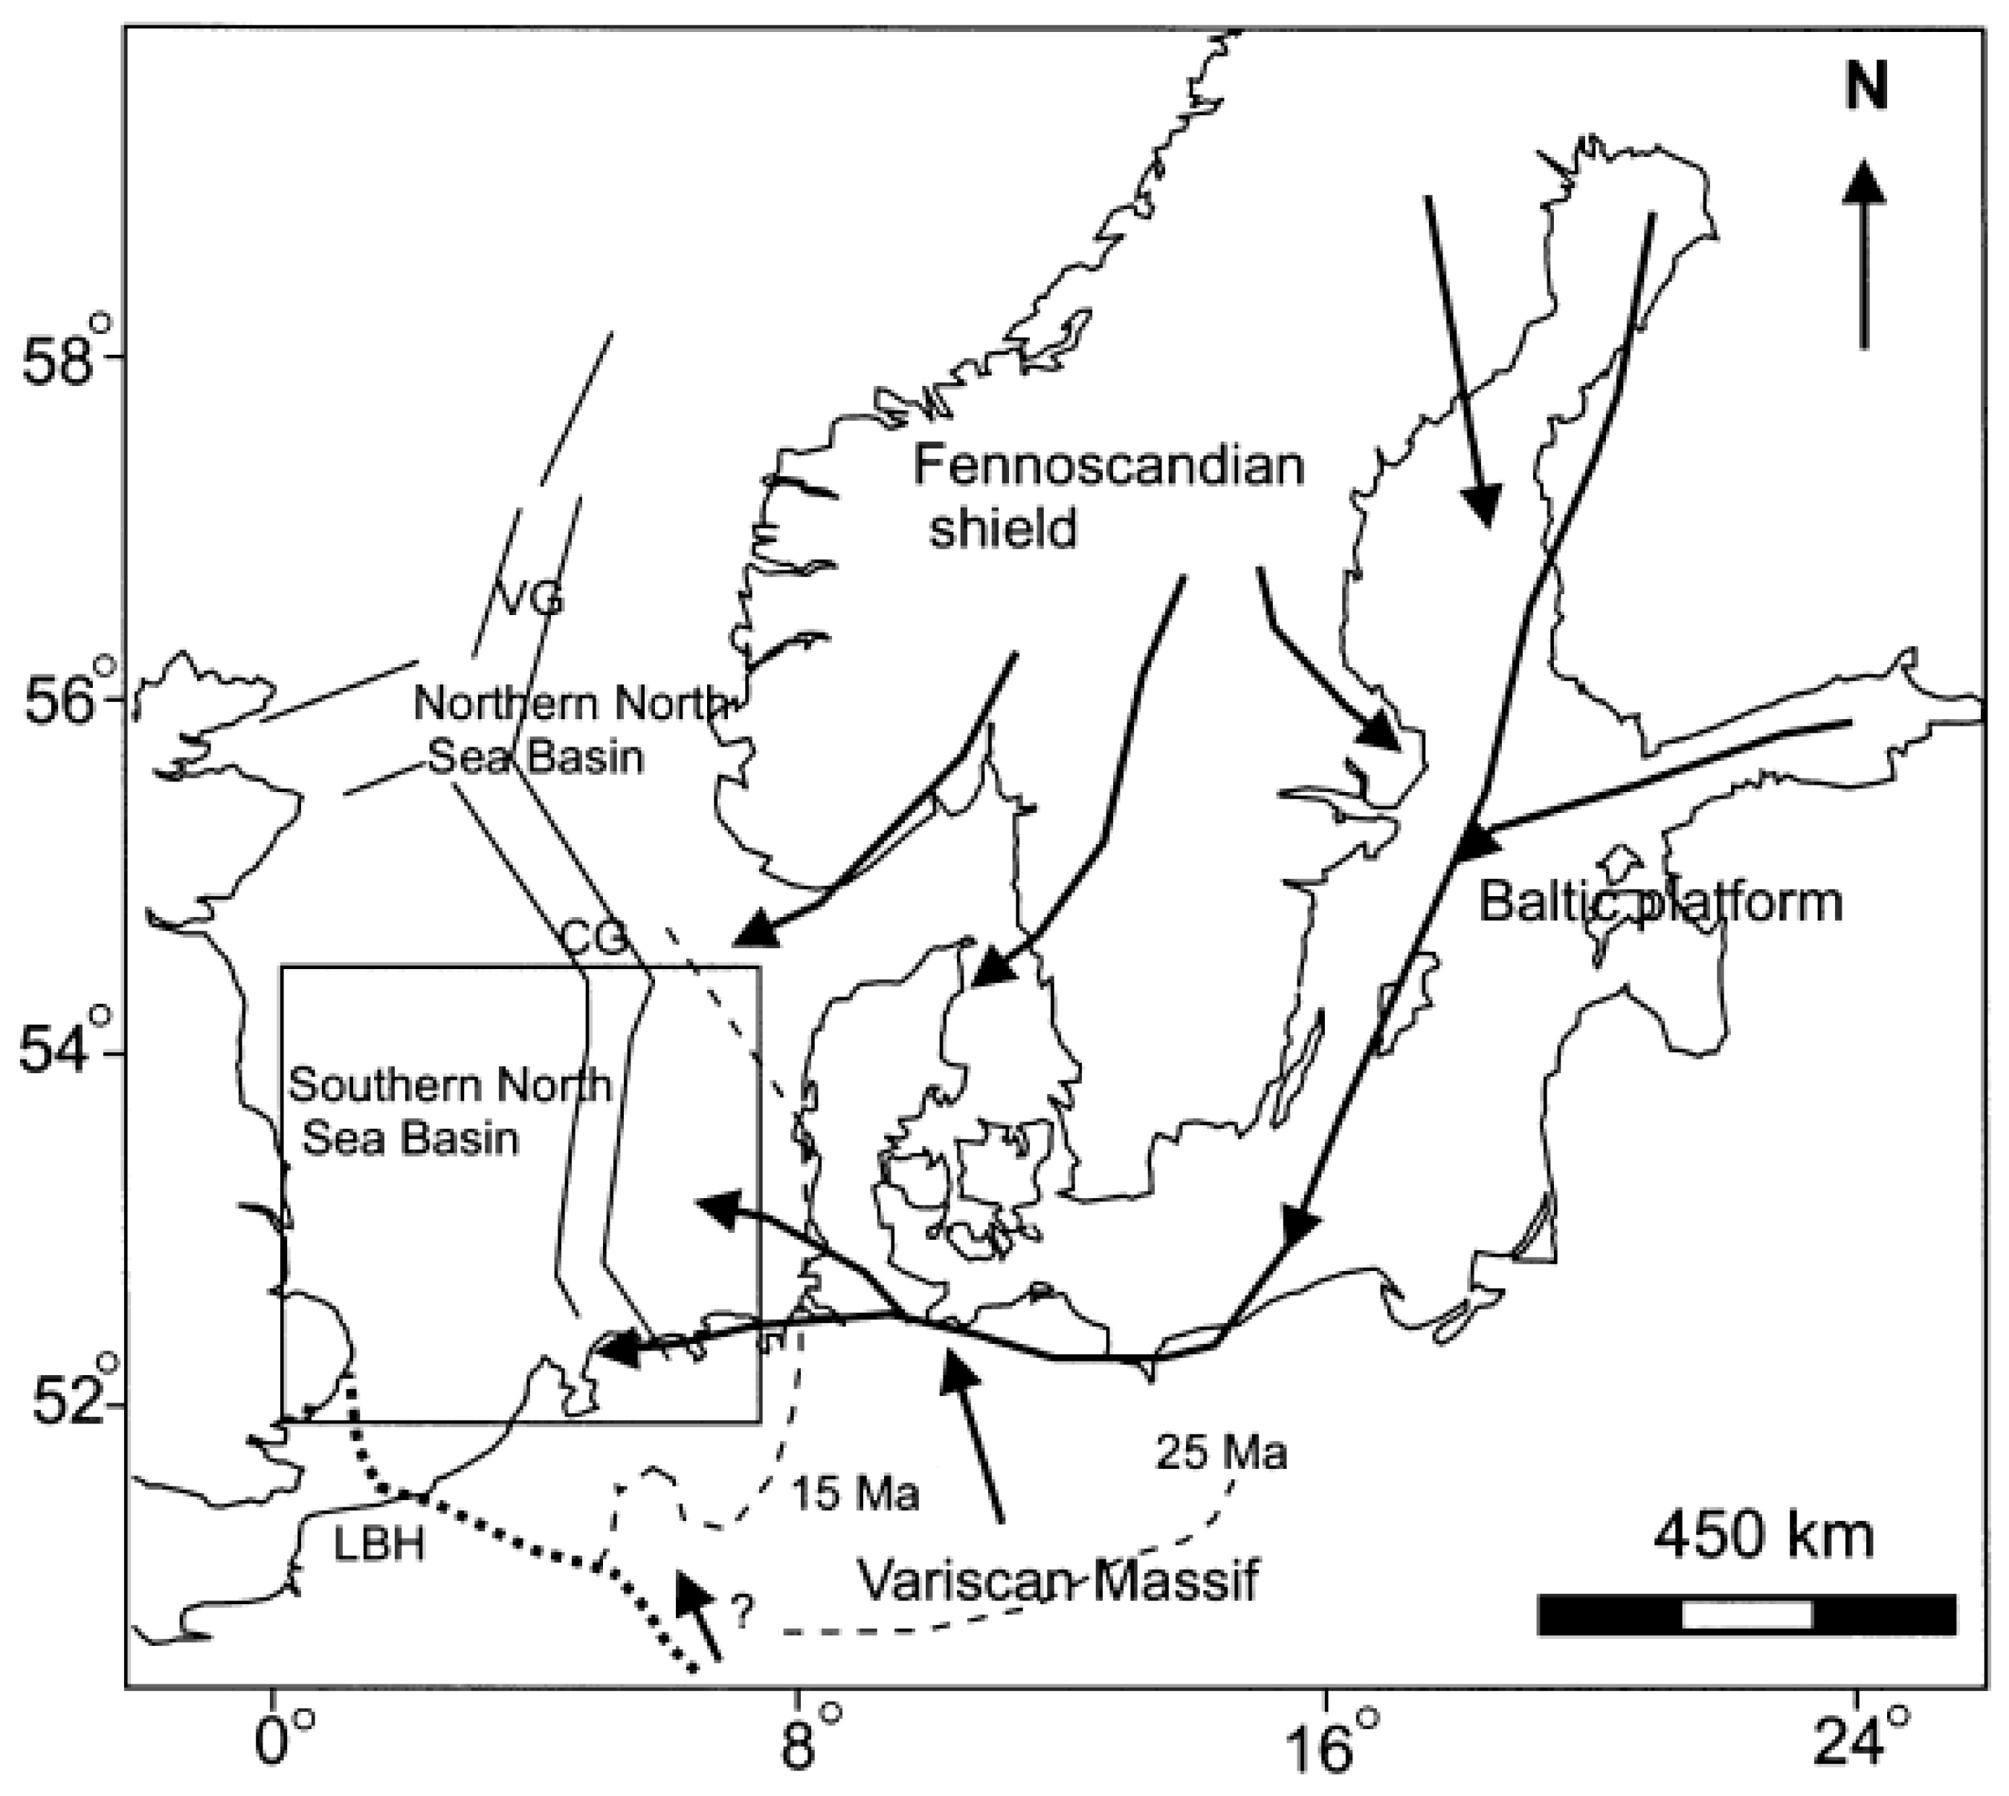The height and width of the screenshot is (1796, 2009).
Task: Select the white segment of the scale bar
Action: (x=1746, y=1615)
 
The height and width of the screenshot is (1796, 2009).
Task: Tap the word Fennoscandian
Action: (x=1107, y=466)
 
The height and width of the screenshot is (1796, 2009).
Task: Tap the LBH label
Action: (x=379, y=1545)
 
